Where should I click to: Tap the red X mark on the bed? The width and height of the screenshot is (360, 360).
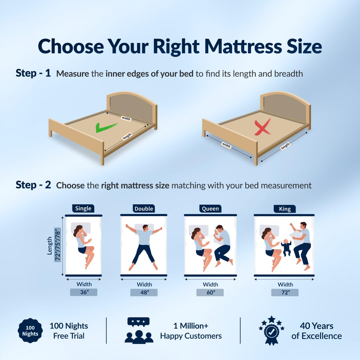point(263,127)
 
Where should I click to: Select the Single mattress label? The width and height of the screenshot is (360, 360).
point(83,208)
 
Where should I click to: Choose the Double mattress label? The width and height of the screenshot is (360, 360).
point(144,208)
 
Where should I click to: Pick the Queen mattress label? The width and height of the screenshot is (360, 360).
point(210,208)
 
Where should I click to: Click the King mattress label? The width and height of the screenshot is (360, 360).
point(285,209)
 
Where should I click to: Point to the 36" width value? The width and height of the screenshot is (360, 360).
point(84,292)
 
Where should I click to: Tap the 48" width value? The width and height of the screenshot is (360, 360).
point(144,293)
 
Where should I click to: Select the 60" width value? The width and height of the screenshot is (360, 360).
point(210,293)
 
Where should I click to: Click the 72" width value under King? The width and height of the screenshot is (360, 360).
point(285,293)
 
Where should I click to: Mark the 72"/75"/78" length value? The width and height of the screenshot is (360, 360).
point(57,245)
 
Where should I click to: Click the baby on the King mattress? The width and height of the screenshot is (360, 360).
point(286,247)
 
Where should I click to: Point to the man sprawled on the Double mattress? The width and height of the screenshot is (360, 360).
point(144,246)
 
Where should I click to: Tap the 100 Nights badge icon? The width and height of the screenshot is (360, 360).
point(30,331)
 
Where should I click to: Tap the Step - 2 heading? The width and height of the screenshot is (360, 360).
point(33,185)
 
